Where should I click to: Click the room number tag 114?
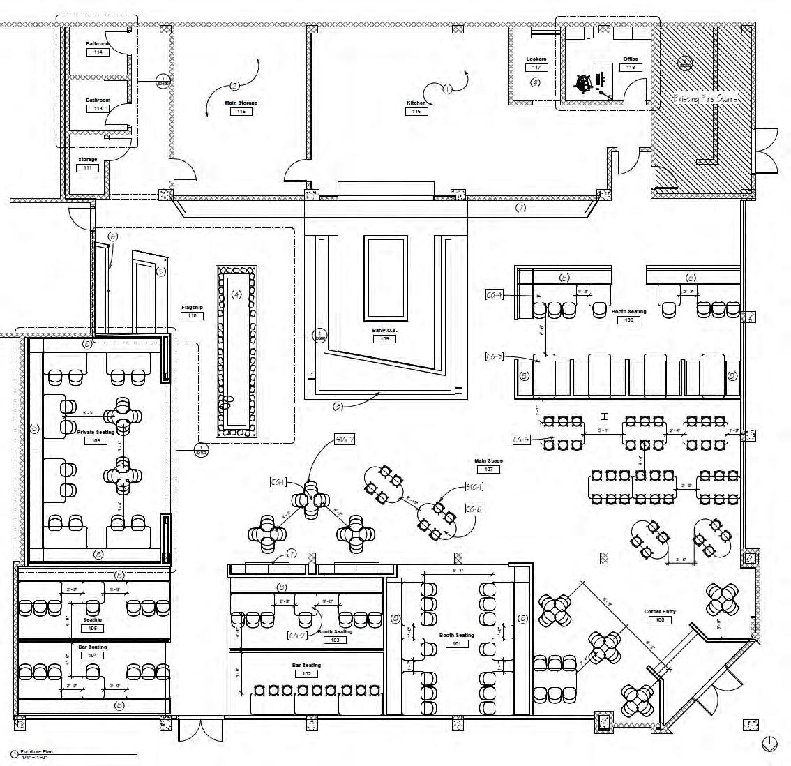98,52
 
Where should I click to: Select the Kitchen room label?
416,103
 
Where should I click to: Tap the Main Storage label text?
241,103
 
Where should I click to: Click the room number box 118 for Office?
631,68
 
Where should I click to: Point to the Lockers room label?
536,59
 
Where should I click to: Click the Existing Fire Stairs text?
705,99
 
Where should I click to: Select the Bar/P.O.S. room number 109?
384,339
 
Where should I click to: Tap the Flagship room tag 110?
192,316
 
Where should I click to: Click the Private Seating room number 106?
96,441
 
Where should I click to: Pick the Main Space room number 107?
489,470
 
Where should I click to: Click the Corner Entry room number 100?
659,619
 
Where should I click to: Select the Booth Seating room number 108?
629,320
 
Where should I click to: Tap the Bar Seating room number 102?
306,674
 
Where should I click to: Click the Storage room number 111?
88,168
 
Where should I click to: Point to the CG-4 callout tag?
495,295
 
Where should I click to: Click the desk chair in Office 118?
584,82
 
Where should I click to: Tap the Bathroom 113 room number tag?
98,108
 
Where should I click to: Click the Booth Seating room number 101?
456,644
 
